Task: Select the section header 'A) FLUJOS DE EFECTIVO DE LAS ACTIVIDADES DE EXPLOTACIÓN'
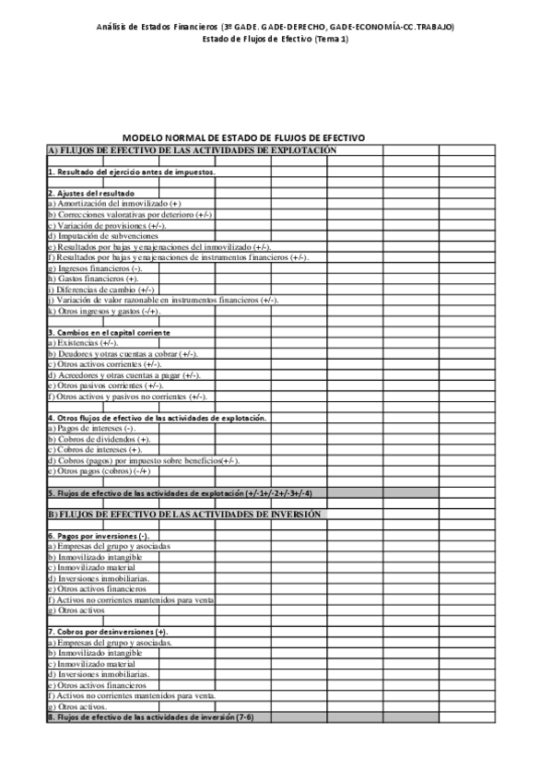point(192,149)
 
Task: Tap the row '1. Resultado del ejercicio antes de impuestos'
point(132,172)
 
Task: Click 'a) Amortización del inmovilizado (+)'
point(114,203)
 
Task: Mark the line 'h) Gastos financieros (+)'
point(94,278)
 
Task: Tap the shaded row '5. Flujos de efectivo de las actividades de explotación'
point(185,493)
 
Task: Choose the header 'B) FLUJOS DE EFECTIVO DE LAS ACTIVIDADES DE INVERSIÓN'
point(184,514)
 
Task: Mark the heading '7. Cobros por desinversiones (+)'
point(107,632)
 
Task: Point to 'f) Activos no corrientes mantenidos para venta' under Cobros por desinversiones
point(131,695)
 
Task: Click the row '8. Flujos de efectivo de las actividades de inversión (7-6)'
point(149,717)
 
